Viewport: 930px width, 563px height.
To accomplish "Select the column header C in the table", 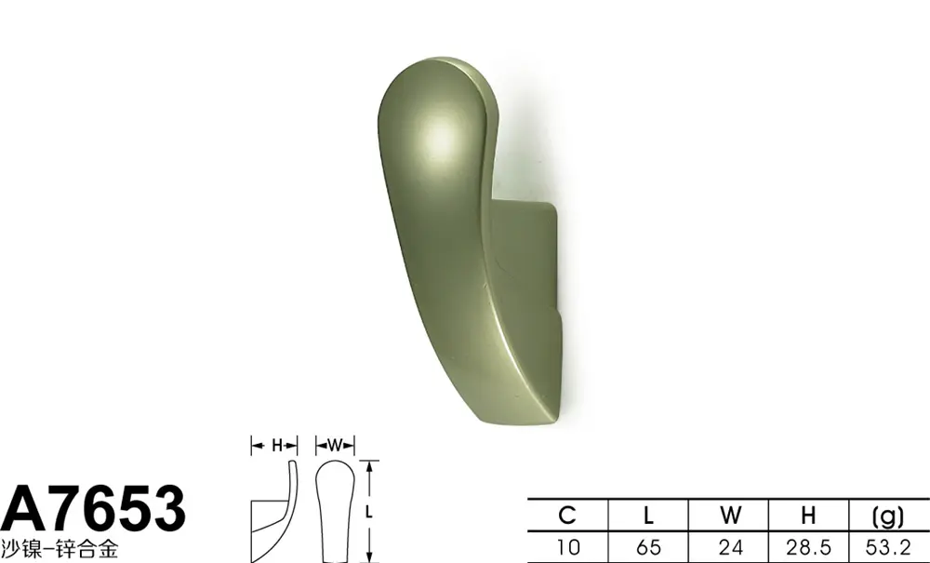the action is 567,515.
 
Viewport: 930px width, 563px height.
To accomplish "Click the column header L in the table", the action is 648,515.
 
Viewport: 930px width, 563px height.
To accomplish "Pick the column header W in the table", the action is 729,515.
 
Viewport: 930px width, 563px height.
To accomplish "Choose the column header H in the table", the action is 808,515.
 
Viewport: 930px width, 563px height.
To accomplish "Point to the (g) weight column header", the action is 888,516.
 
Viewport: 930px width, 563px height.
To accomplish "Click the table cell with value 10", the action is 567,547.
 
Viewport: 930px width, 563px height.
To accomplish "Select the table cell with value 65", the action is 648,547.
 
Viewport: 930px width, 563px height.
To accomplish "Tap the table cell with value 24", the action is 729,547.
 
